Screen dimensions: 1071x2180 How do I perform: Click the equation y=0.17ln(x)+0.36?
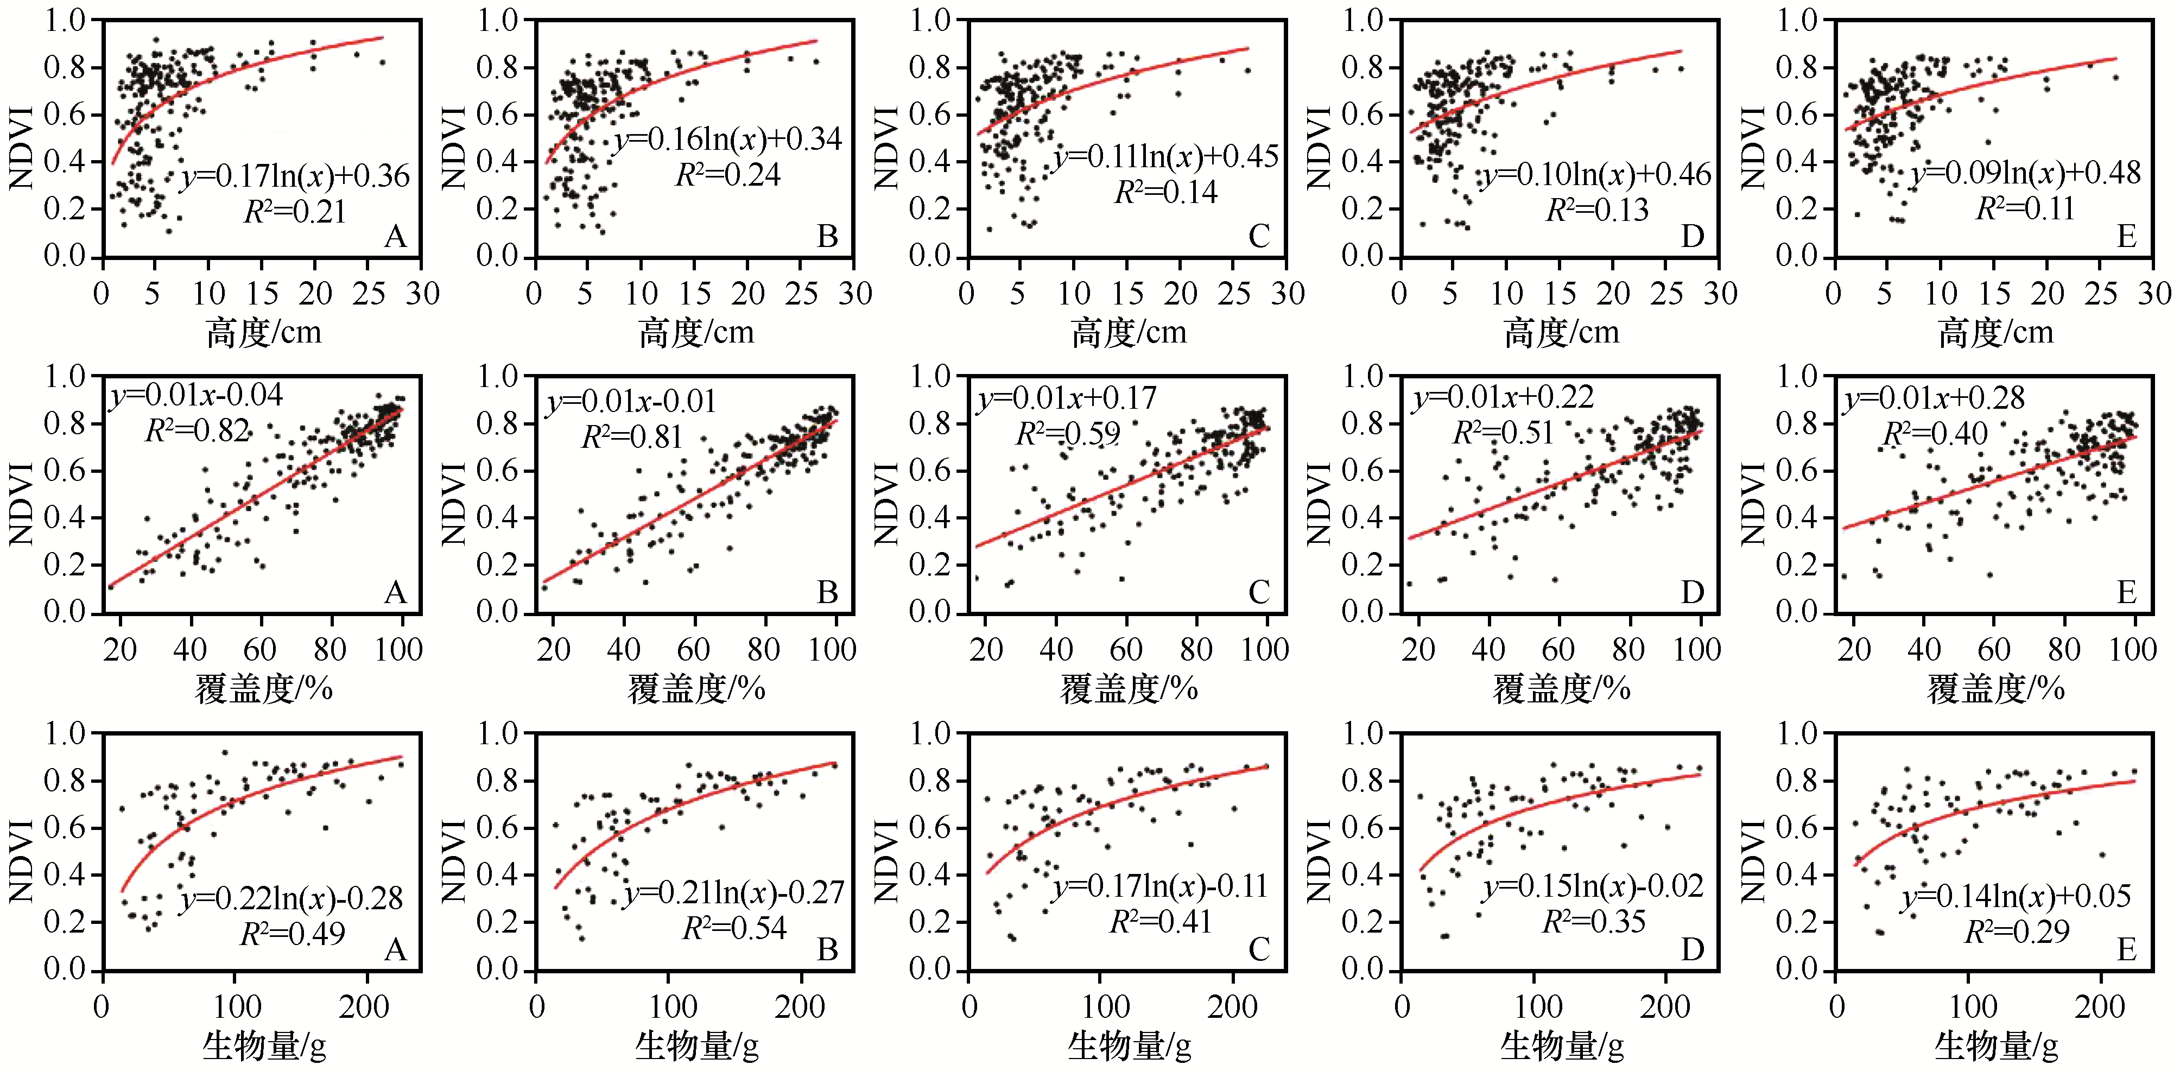[295, 176]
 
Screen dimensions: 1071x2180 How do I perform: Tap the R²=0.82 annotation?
[197, 432]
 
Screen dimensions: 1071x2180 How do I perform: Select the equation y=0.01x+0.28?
[1935, 397]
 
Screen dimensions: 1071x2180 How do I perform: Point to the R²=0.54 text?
[734, 929]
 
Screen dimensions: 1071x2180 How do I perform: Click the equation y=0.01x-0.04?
[197, 395]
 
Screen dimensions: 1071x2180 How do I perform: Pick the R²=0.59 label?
[1067, 434]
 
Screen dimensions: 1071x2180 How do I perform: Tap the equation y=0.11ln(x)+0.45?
[1166, 156]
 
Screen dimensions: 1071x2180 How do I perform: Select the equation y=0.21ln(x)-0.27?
[734, 892]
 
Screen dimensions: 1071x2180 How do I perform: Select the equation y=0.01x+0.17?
[1067, 397]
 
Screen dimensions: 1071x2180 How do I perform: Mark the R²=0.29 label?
[2017, 932]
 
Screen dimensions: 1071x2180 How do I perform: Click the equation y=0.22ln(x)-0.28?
[292, 898]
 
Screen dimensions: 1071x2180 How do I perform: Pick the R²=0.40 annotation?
[1935, 434]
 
